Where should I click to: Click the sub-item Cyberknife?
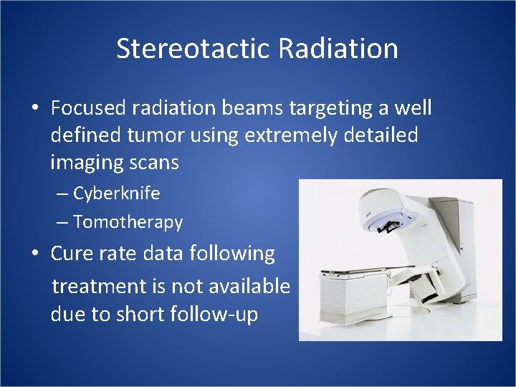tap(116, 193)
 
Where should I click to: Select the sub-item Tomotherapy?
tap(128, 222)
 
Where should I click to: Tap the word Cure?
tap(73, 253)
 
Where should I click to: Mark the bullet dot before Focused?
tap(34, 108)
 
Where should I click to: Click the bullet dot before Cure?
tap(34, 254)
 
